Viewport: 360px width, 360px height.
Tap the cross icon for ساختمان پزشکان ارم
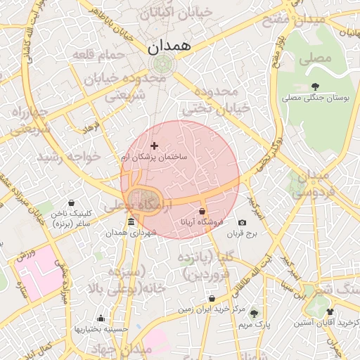coord(155,146)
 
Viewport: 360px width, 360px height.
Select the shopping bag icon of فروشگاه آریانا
coord(202,211)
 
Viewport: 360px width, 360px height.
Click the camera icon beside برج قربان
coord(243,222)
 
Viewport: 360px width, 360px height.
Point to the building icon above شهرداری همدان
coord(131,223)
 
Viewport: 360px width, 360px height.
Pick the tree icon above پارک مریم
coord(254,314)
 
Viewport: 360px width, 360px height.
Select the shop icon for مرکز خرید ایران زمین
coord(212,298)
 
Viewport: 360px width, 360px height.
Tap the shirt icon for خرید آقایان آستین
coord(330,311)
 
